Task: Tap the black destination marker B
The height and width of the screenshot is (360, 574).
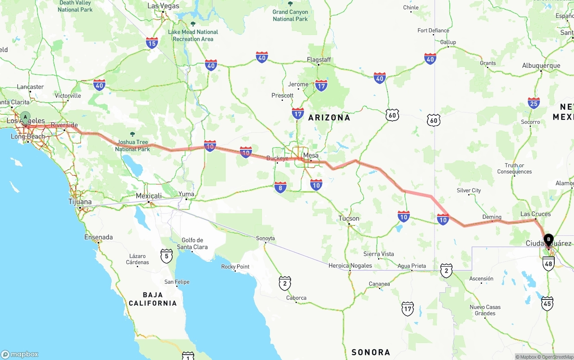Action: (x=548, y=240)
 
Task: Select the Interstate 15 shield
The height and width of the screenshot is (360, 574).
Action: (x=152, y=43)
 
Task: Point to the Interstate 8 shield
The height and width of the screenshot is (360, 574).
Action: (x=280, y=188)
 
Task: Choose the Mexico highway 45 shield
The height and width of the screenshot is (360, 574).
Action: (x=547, y=304)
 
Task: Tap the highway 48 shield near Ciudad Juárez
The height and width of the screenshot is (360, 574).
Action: (x=548, y=264)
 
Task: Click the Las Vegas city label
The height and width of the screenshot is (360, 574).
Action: (x=163, y=6)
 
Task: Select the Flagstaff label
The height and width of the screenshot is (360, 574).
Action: (x=319, y=60)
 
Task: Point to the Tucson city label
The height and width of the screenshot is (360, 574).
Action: (x=349, y=219)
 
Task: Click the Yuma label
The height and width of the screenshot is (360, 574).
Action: (x=187, y=194)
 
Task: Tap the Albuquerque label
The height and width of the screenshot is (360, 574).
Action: (x=541, y=65)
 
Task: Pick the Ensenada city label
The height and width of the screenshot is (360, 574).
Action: (x=99, y=237)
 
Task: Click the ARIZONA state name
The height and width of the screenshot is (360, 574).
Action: (x=329, y=117)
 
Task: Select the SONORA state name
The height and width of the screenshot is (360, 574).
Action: (x=371, y=352)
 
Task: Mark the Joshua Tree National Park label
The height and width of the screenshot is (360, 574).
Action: (x=132, y=145)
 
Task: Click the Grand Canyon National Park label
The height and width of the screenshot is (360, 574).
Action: (x=290, y=15)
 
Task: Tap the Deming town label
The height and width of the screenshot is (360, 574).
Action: (x=491, y=217)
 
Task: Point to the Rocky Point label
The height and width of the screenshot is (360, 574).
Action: (x=235, y=267)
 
